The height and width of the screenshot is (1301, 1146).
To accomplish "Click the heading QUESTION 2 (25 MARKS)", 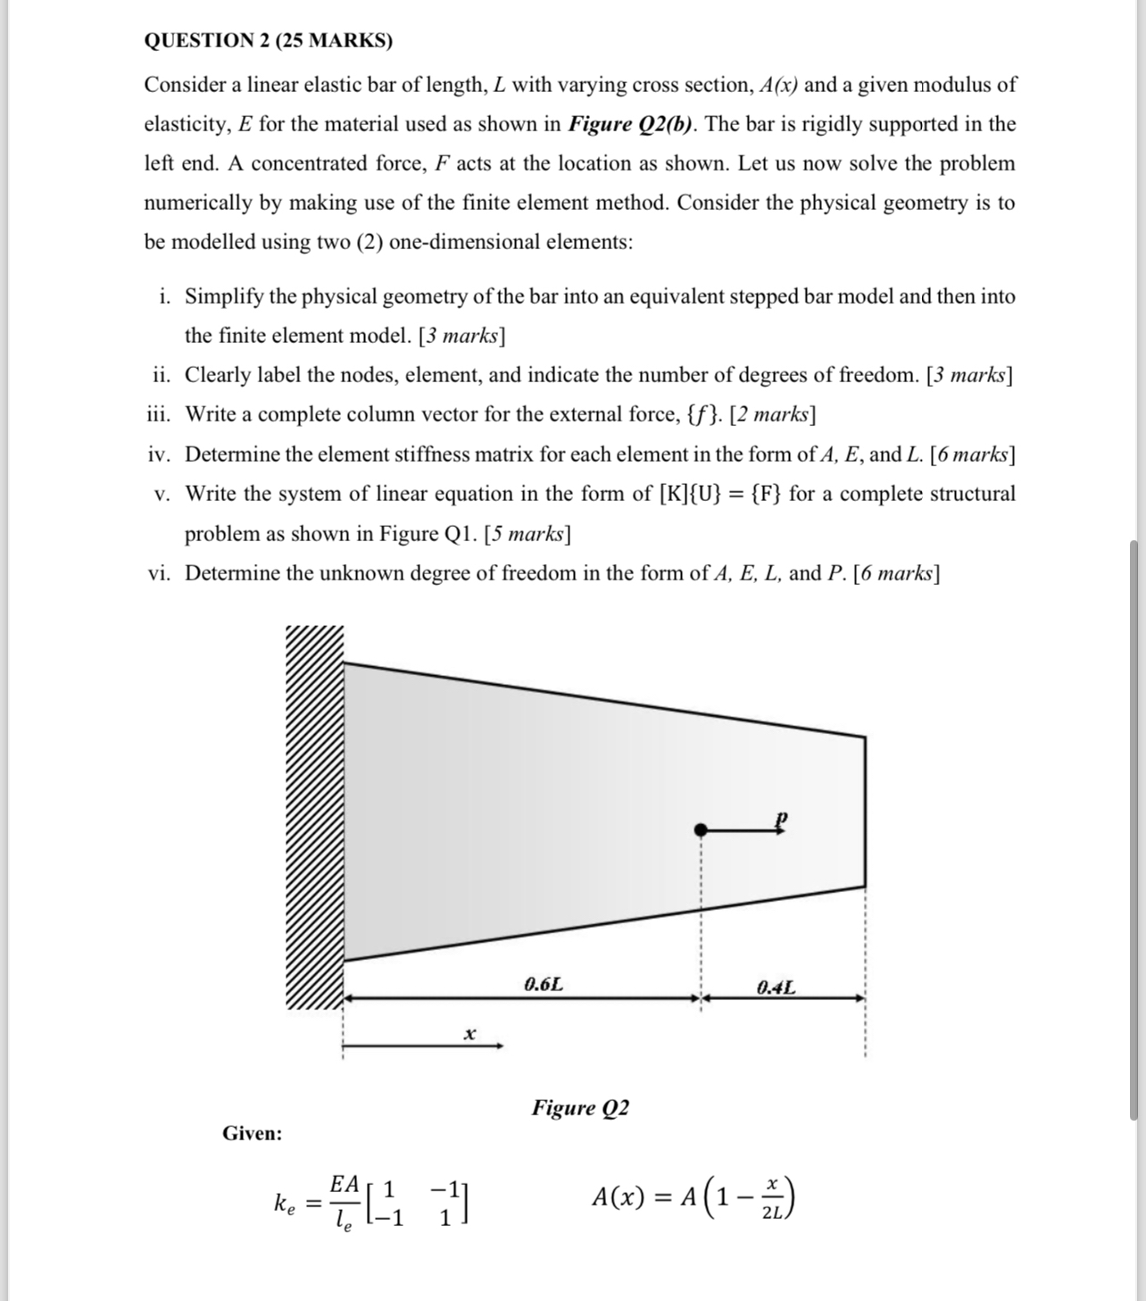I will [x=268, y=40].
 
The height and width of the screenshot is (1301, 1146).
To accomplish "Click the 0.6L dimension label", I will [x=544, y=985].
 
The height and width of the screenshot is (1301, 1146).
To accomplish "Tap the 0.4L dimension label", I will [x=776, y=987].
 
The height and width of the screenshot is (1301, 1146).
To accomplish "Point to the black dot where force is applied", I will [x=702, y=830].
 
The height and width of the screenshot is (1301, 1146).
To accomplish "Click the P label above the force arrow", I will [x=782, y=817].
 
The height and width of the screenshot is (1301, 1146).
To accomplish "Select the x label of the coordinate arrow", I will [x=469, y=1033].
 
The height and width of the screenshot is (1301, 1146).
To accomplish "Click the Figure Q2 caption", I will [x=580, y=1108].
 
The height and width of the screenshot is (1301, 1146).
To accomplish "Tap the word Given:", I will [x=252, y=1133].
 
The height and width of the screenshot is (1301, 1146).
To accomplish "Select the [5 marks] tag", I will [x=527, y=534].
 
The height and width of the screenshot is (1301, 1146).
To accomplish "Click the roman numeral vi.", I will [x=160, y=573].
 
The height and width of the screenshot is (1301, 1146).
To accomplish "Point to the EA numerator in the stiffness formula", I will [x=344, y=1184].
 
